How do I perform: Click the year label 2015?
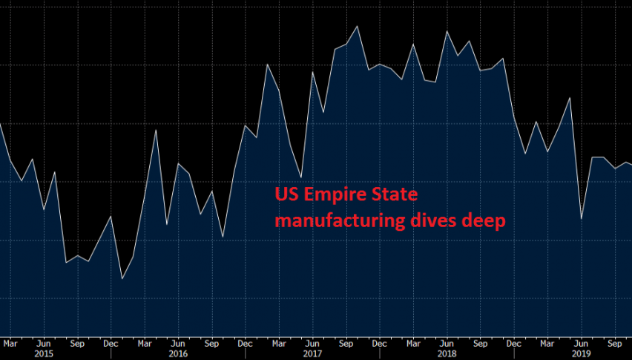pyautogui.click(x=44, y=354)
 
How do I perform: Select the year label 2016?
pyautogui.click(x=177, y=354)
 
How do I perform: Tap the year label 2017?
pyautogui.click(x=312, y=354)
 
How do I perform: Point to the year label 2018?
pyautogui.click(x=447, y=354)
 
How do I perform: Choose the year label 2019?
pyautogui.click(x=581, y=354)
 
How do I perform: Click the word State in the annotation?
pyautogui.click(x=397, y=195)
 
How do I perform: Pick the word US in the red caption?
pyautogui.click(x=286, y=195)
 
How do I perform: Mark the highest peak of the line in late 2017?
pyautogui.click(x=358, y=26)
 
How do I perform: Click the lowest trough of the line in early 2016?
pyautogui.click(x=122, y=279)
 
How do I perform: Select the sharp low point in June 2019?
pyautogui.click(x=581, y=218)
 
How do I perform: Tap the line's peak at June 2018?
pyautogui.click(x=447, y=32)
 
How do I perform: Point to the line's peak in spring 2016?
pyautogui.click(x=156, y=130)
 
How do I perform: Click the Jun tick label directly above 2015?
pyautogui.click(x=44, y=344)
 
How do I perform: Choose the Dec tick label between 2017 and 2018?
pyautogui.click(x=379, y=344)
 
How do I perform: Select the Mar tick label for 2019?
pyautogui.click(x=547, y=344)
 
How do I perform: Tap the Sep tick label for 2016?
pyautogui.click(x=211, y=344)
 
